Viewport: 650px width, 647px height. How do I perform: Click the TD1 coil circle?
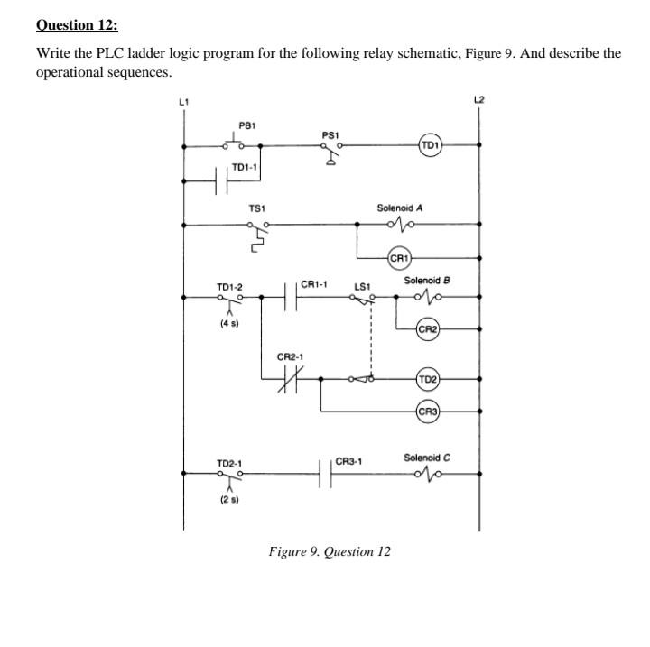pos(430,144)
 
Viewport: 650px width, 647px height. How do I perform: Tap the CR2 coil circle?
pos(428,329)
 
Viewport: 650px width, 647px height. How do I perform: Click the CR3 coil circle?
pos(428,412)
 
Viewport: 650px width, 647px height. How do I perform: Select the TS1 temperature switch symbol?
pos(256,232)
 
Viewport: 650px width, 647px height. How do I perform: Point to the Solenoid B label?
pos(427,281)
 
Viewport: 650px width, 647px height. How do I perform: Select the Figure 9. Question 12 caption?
pos(330,550)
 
